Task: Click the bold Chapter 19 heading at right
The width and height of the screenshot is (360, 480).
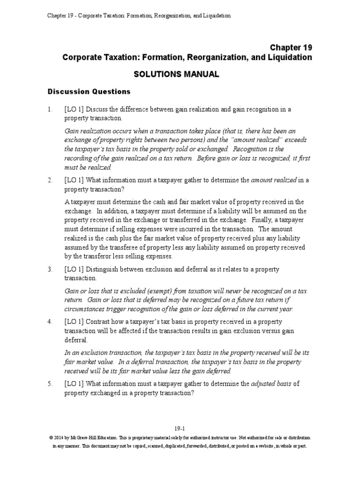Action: (x=291, y=47)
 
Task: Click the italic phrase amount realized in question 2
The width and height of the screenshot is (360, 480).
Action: (x=272, y=180)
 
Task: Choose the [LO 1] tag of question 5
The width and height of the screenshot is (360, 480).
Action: (x=74, y=384)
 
